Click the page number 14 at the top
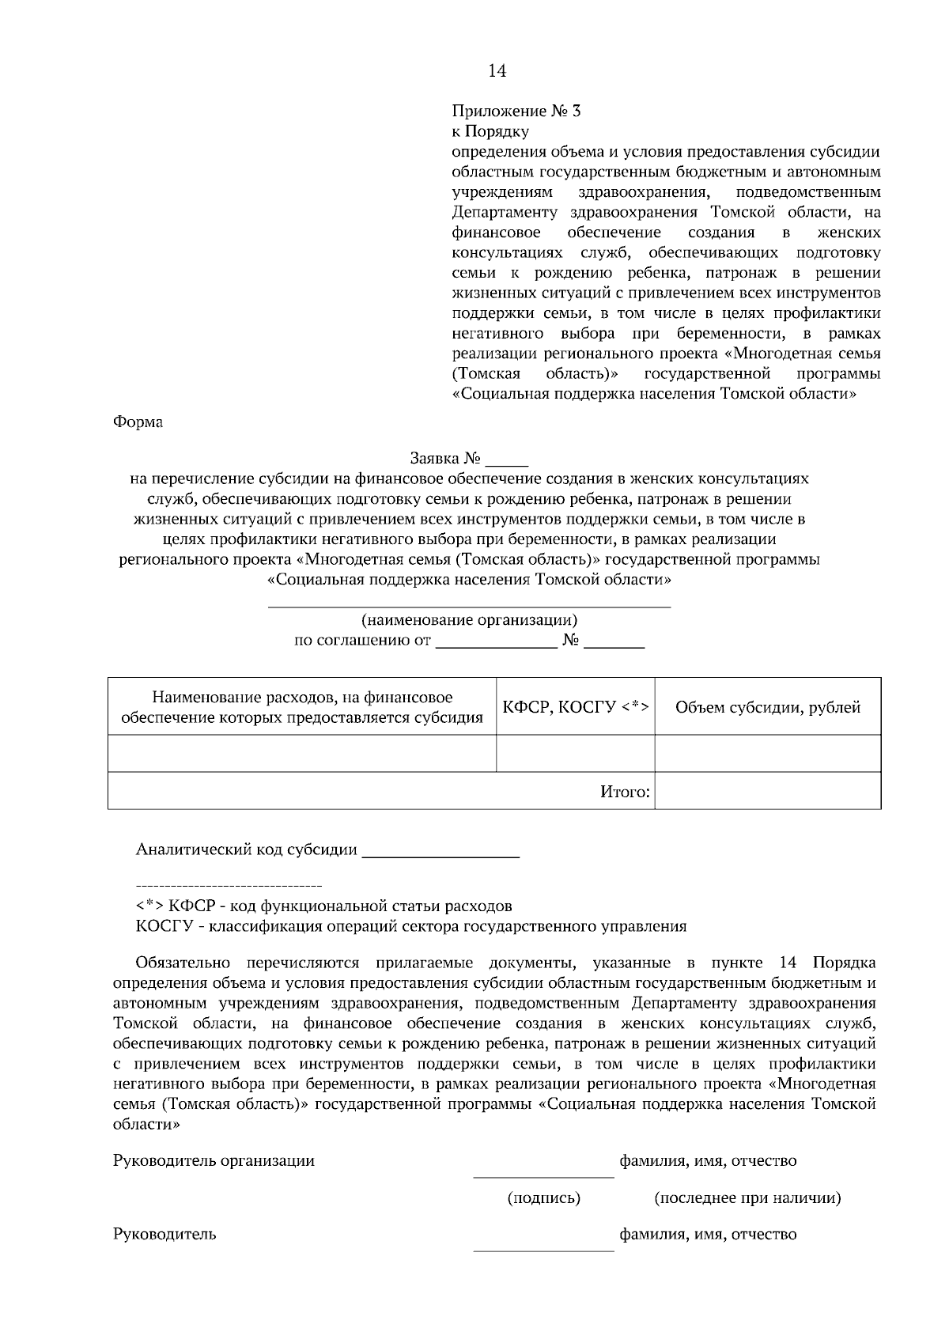point(497,71)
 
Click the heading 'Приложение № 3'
point(516,111)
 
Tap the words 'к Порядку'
point(490,131)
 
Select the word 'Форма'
point(138,422)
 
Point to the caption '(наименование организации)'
point(470,620)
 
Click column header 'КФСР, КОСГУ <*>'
point(576,707)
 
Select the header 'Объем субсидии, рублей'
point(768,707)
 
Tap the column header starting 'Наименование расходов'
point(301,707)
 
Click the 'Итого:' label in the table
point(625,791)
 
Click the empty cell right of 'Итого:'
point(768,791)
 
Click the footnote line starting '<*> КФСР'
point(323,906)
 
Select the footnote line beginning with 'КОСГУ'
point(410,926)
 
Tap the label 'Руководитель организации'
point(214,1160)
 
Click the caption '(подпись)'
point(543,1197)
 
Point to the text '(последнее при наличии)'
point(747,1197)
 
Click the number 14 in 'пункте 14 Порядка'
point(787,963)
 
